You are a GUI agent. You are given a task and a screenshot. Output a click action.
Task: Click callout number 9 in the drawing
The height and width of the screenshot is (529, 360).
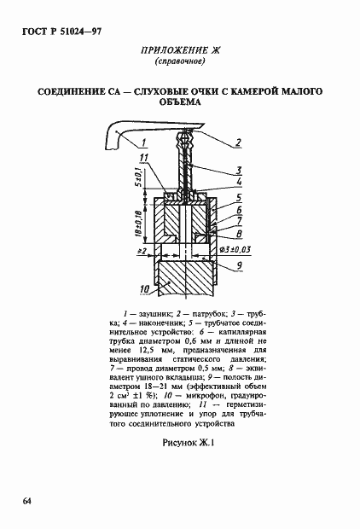(x=241, y=265)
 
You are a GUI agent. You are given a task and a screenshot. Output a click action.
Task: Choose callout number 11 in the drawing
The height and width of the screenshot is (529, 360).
(x=144, y=159)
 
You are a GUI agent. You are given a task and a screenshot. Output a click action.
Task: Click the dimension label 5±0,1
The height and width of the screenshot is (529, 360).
(x=136, y=179)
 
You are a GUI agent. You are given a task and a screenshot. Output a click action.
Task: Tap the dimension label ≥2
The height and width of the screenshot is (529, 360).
(x=141, y=251)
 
